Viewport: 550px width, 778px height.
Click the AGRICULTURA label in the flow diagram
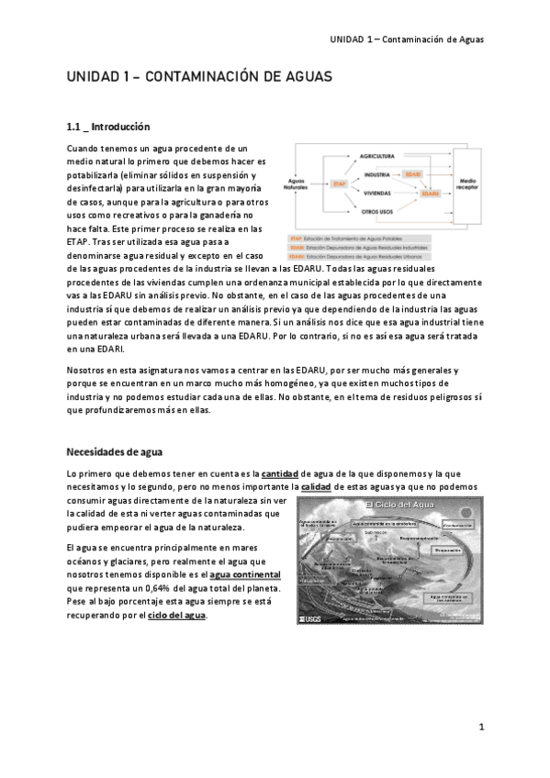pyautogui.click(x=376, y=157)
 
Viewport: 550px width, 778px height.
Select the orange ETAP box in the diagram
pyautogui.click(x=339, y=184)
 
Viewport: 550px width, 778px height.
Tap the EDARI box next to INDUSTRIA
pyautogui.click(x=413, y=173)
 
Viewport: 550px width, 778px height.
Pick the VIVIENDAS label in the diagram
pyautogui.click(x=377, y=194)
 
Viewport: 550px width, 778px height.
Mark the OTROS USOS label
pyautogui.click(x=376, y=212)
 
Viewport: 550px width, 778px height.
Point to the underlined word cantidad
pyautogui.click(x=279, y=472)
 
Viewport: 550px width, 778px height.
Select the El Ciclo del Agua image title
pyautogui.click(x=398, y=506)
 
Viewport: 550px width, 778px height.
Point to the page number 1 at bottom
pyautogui.click(x=480, y=727)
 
